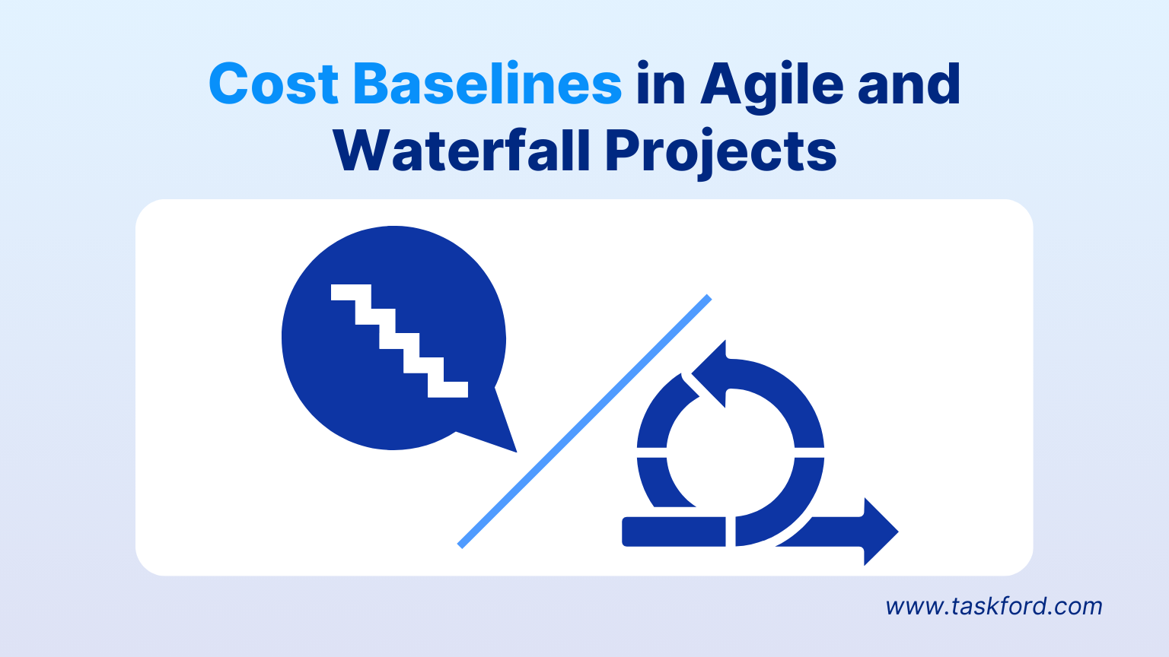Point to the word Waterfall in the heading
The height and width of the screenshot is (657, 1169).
462,151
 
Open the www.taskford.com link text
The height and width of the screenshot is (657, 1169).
993,606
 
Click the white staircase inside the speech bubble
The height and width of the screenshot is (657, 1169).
399,341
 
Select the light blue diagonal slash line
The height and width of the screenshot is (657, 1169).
584,421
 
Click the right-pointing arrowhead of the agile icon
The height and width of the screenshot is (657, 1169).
880,532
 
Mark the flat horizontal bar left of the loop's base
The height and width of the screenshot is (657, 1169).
674,532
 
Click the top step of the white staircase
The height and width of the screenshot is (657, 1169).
351,292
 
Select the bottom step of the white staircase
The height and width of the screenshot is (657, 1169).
448,389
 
